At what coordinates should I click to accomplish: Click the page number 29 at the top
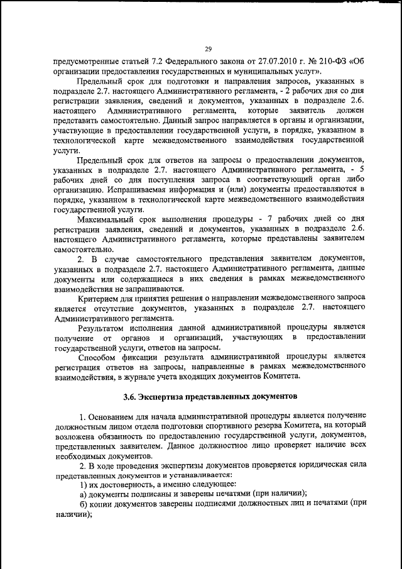coord(208,50)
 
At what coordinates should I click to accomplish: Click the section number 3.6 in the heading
coord(129,397)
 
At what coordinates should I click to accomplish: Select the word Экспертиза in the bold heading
coord(165,397)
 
